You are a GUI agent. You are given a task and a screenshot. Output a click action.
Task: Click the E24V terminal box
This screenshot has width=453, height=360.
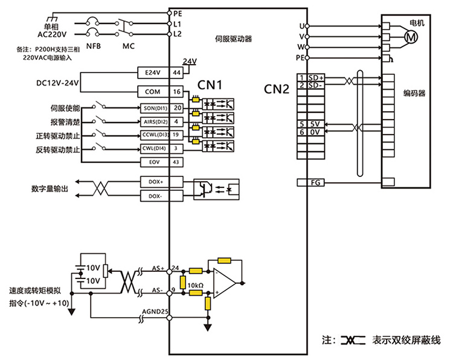click(x=153, y=72)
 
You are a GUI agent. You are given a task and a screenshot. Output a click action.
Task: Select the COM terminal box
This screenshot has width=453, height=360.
click(x=153, y=92)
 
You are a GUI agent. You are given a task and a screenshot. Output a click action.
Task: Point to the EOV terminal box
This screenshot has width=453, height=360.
click(x=153, y=162)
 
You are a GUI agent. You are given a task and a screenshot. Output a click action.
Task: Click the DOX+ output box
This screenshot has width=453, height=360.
click(x=155, y=181)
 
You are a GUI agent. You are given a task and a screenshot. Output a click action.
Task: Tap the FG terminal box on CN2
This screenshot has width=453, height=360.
click(x=314, y=182)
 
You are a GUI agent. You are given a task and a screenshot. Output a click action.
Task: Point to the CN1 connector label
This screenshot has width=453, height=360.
click(x=211, y=85)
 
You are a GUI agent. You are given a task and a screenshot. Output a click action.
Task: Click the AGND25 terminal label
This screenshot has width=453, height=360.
click(x=155, y=312)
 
